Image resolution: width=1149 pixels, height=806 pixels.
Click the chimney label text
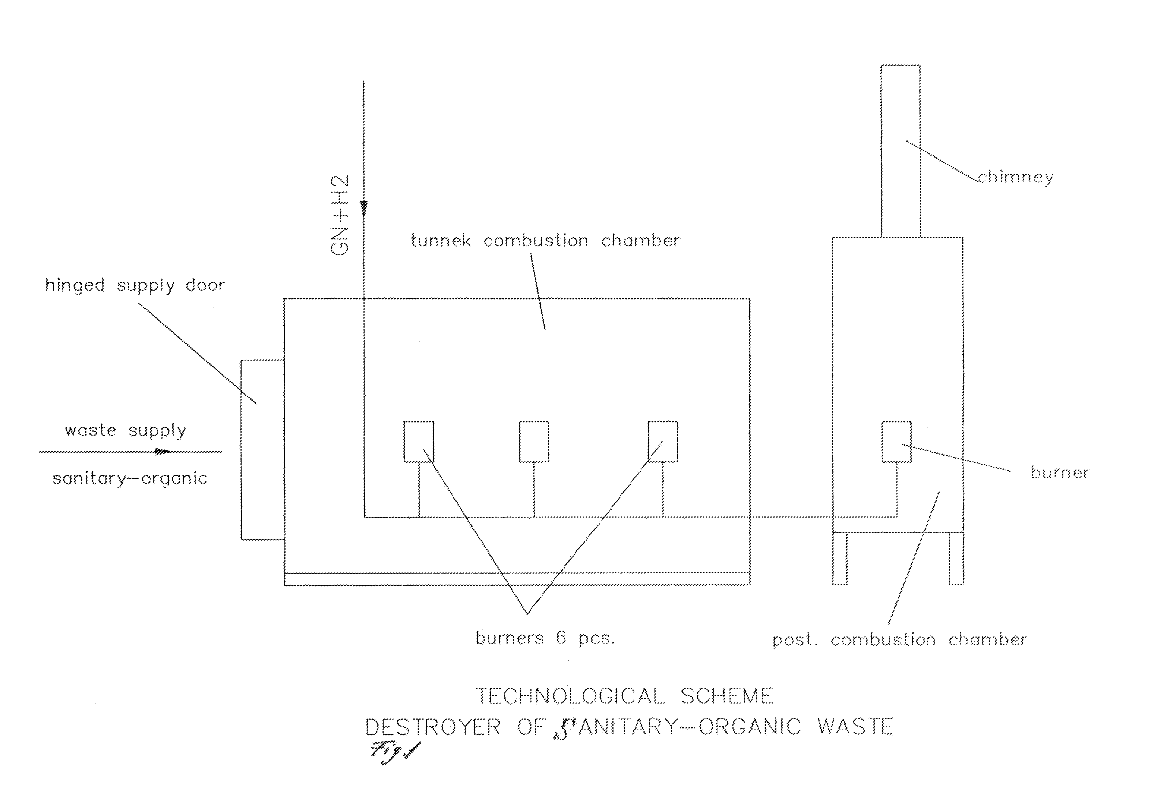[1015, 177]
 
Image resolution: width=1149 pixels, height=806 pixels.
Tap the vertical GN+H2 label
[340, 215]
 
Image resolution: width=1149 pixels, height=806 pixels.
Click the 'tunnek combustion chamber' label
[545, 240]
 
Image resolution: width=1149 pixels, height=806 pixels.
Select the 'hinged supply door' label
[135, 285]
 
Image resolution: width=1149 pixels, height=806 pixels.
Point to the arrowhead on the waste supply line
[162, 452]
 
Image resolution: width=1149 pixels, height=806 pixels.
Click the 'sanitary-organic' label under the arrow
[130, 479]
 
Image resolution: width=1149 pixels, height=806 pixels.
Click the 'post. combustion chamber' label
[899, 640]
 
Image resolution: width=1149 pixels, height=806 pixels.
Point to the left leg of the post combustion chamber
[840, 558]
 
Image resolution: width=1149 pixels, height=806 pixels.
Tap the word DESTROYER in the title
[432, 727]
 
